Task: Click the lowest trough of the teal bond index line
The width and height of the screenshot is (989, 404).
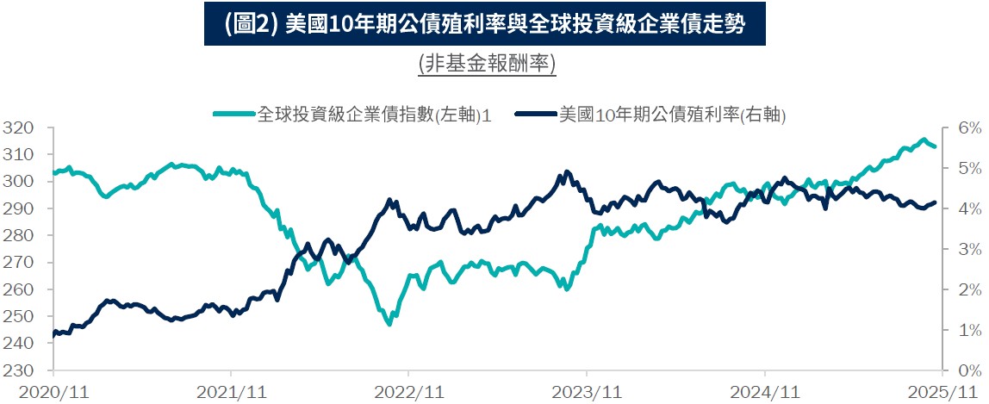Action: point(389,324)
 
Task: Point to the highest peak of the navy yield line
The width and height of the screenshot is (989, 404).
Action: point(567,171)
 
